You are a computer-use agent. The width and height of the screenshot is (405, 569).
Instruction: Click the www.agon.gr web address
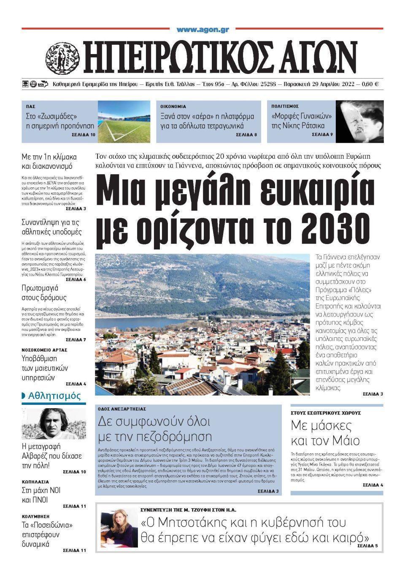click(202, 30)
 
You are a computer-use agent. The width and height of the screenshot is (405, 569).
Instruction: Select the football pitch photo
click(124, 122)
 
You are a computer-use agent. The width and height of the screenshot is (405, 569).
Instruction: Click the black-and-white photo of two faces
click(359, 122)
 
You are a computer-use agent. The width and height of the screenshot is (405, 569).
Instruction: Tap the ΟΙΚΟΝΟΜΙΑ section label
click(173, 107)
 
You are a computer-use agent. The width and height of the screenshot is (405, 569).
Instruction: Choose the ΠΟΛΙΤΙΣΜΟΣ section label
click(285, 107)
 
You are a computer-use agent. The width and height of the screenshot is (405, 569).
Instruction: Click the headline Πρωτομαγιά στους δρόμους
click(44, 293)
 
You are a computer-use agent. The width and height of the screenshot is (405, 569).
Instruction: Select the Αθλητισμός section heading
click(54, 396)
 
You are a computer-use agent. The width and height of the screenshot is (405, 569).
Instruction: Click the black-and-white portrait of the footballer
click(54, 423)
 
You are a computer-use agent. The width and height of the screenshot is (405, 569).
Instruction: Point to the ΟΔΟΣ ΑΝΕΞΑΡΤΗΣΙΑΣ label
click(122, 409)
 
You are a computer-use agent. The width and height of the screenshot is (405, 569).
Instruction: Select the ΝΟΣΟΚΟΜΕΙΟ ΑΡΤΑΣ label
click(44, 350)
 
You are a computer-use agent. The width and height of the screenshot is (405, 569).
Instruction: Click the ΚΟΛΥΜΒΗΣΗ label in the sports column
click(35, 516)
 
